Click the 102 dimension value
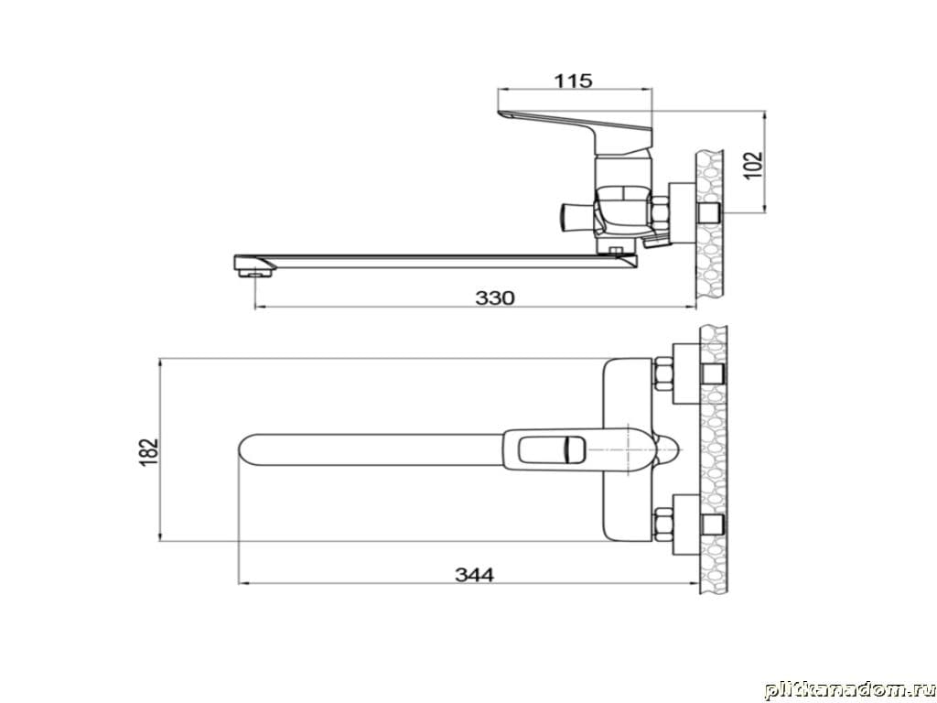pos(755,165)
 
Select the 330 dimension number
pos(495,297)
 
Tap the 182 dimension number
pos(149,452)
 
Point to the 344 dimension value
pos(475,575)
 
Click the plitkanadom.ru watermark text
pos(849,690)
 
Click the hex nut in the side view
pos(660,215)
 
